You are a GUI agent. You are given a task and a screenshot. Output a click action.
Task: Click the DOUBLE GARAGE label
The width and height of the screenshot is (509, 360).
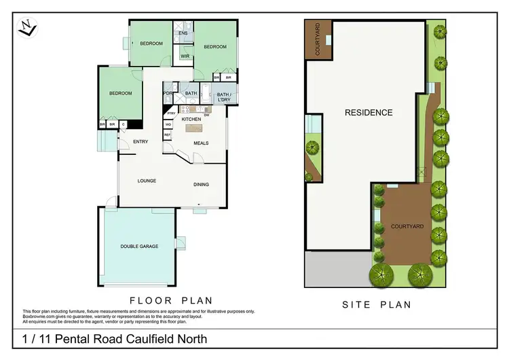coord(139,246)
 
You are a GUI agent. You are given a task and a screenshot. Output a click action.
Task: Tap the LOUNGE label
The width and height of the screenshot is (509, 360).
coord(147,181)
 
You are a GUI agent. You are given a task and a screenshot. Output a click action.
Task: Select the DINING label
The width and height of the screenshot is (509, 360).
coord(201,184)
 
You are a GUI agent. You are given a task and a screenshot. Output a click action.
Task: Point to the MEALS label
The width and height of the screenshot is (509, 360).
coord(201,143)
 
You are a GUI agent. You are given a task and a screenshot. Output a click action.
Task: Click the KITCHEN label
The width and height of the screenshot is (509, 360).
coord(191,119)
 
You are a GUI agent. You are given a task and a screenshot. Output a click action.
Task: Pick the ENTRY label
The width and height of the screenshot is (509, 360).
coord(140,142)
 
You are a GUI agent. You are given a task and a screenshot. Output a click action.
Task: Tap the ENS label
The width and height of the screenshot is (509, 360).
coord(183,33)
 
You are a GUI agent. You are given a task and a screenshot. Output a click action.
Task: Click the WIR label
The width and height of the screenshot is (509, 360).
coord(184,56)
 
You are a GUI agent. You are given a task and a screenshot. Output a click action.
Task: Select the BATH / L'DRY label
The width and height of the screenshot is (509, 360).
coord(224,97)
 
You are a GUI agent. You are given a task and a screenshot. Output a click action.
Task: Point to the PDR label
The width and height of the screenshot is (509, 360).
coord(167,93)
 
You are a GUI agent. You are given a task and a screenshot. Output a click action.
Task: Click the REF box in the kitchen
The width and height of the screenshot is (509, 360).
coord(167,134)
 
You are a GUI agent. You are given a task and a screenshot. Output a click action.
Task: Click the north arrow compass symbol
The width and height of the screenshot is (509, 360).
coord(27,29)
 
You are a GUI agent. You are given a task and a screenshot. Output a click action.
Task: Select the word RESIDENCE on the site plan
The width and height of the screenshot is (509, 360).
coord(368,113)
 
